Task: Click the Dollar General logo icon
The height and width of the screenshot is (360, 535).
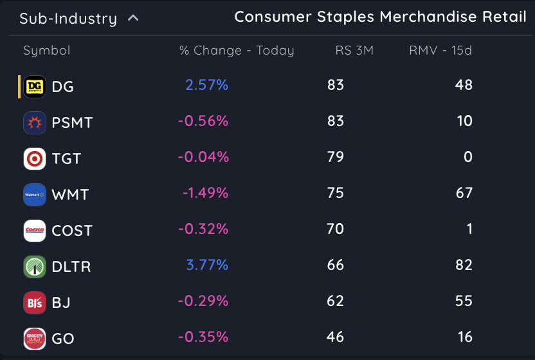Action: [35, 86]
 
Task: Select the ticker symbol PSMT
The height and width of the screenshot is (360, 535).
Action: [72, 123]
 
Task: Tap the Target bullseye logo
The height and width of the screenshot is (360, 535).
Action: [35, 158]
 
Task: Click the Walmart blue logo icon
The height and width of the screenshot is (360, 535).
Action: [35, 194]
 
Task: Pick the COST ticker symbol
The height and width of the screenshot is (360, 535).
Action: [72, 231]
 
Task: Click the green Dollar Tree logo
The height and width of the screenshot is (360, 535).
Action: [35, 266]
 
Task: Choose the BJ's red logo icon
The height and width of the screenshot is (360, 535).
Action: [35, 302]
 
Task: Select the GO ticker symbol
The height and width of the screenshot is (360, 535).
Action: [63, 339]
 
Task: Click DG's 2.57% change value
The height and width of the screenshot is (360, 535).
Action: [206, 85]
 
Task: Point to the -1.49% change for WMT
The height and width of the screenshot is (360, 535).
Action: [205, 193]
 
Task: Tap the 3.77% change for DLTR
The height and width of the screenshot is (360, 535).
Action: [206, 265]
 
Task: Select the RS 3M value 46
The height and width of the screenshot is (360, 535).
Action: [335, 337]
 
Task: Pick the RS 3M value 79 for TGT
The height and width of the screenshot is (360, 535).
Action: [335, 157]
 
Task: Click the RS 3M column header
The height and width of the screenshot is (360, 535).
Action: [354, 51]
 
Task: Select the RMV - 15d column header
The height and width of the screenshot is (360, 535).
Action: [440, 51]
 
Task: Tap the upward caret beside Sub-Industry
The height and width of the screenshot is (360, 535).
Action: [133, 18]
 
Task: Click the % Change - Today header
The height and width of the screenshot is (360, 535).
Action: [236, 51]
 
